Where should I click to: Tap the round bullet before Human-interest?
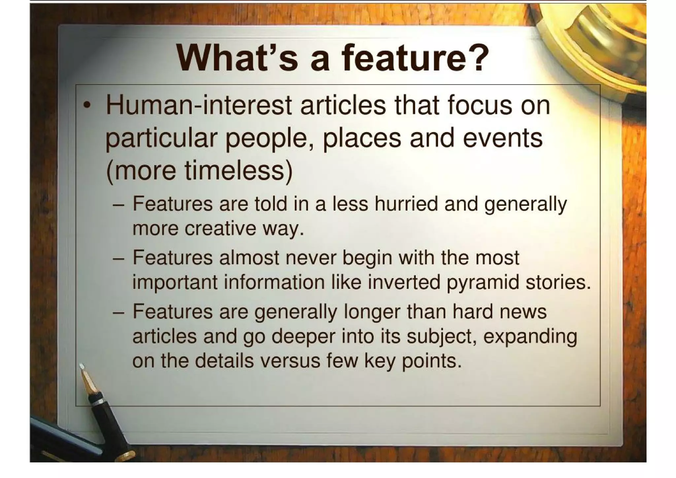pyautogui.click(x=87, y=106)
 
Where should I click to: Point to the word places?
pyautogui.click(x=362, y=138)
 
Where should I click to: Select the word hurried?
pyautogui.click(x=406, y=204)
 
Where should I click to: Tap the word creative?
pyautogui.click(x=220, y=228)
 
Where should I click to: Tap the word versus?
pyautogui.click(x=290, y=361)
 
